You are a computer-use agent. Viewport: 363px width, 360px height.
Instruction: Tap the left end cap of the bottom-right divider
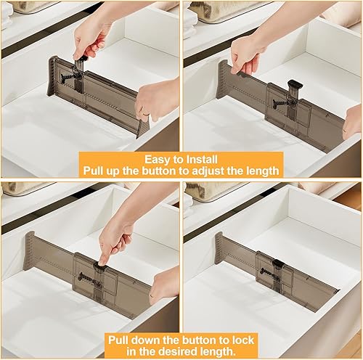coord(219,243)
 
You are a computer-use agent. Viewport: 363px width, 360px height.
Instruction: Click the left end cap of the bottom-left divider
coord(30,250)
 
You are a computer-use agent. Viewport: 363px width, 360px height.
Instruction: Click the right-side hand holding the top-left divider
coord(156,99)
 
